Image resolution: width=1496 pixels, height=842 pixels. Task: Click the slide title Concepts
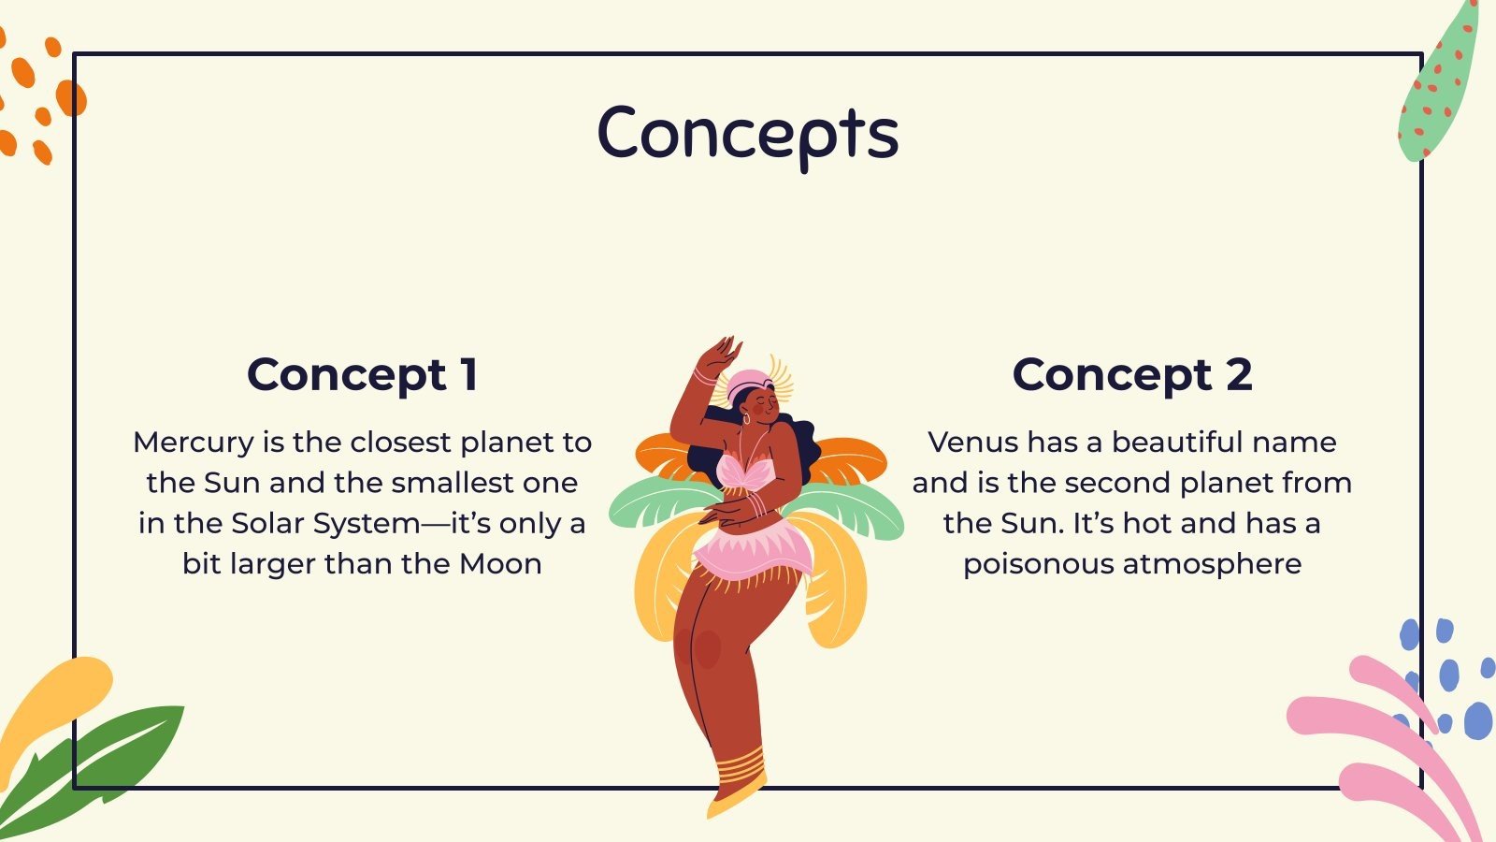(x=748, y=134)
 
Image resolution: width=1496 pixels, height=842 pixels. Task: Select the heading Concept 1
(x=363, y=374)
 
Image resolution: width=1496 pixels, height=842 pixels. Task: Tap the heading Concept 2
(x=1131, y=374)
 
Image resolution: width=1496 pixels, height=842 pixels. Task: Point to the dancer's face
(x=760, y=404)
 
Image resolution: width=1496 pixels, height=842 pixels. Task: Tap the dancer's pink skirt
(x=753, y=552)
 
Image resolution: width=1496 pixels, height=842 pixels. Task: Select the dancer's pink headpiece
(x=748, y=382)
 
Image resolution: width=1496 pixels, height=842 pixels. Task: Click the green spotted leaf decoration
(x=1438, y=89)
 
